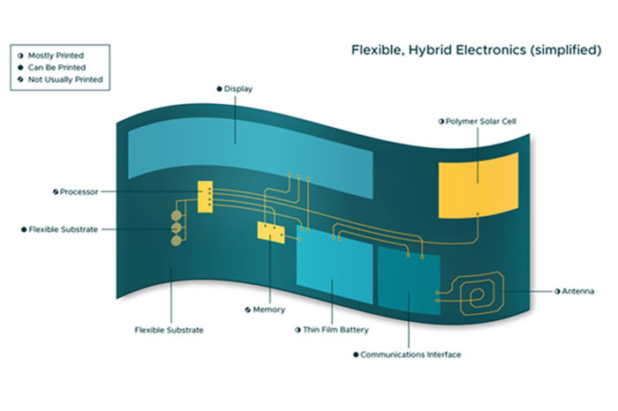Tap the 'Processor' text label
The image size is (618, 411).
coord(79,191)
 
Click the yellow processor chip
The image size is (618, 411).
coord(206,197)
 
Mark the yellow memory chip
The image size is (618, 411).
coord(270,230)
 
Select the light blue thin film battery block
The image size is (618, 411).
coord(335,270)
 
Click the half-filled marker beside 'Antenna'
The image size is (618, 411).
coord(557,290)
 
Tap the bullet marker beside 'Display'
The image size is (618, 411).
coord(218,89)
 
